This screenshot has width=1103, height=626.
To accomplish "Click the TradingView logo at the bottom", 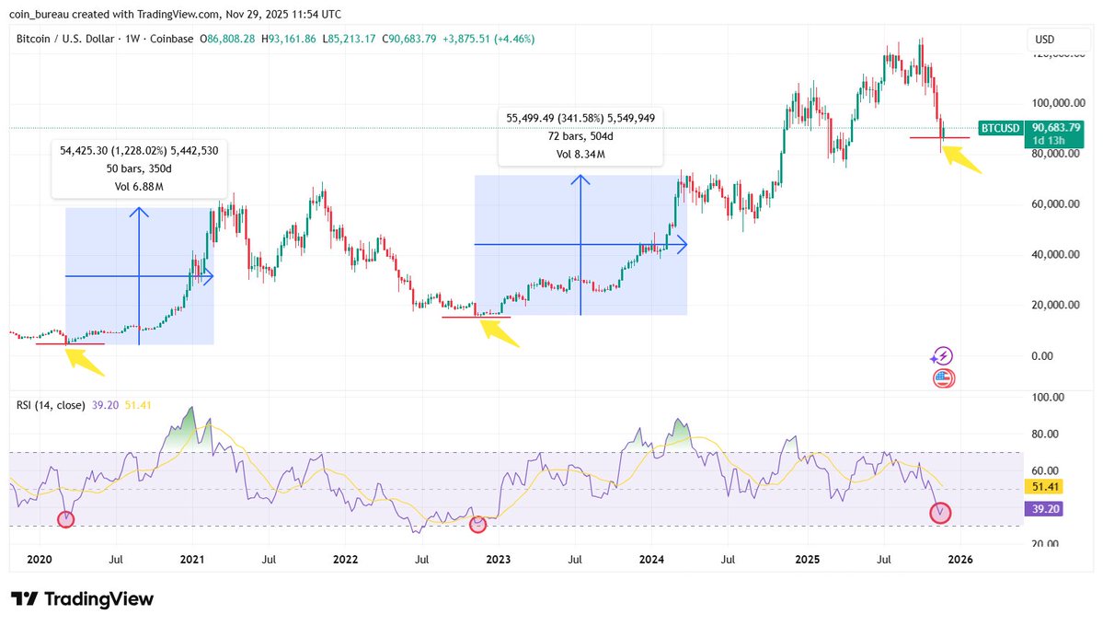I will (x=82, y=598).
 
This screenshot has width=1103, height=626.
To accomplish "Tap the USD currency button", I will (x=1044, y=40).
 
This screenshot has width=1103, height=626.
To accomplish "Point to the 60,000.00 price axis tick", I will (x=1054, y=204).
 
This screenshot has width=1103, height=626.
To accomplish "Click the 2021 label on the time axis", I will (x=191, y=559).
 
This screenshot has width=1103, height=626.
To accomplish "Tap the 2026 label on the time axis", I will (x=960, y=559).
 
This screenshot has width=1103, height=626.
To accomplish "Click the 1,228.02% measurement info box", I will (x=139, y=168).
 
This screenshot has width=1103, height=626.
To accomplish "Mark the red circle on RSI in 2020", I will (x=65, y=519).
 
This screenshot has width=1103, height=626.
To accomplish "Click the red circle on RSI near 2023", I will (x=477, y=524).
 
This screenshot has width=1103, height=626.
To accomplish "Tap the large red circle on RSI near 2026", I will (x=940, y=513).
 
